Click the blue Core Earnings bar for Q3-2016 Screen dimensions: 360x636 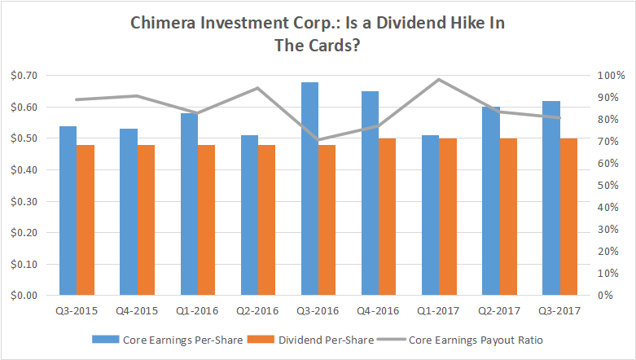[309, 189]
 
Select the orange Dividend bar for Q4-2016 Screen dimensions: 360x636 [388, 217]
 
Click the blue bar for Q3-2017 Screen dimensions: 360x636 [551, 198]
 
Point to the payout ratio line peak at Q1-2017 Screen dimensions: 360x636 [438, 80]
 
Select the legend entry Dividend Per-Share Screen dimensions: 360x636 [315, 340]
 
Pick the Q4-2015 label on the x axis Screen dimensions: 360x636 [137, 310]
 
